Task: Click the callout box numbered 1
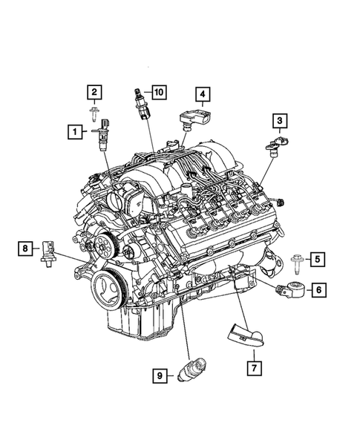pyautogui.click(x=74, y=133)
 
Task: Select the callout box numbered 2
pyautogui.click(x=94, y=93)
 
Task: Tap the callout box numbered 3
pyautogui.click(x=279, y=120)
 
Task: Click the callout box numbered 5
pyautogui.click(x=316, y=259)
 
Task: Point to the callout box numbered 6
pyautogui.click(x=316, y=290)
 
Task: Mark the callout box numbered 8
pyautogui.click(x=26, y=249)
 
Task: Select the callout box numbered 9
pyautogui.click(x=159, y=376)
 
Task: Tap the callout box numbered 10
pyautogui.click(x=159, y=92)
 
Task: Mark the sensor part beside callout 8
pyautogui.click(x=50, y=251)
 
